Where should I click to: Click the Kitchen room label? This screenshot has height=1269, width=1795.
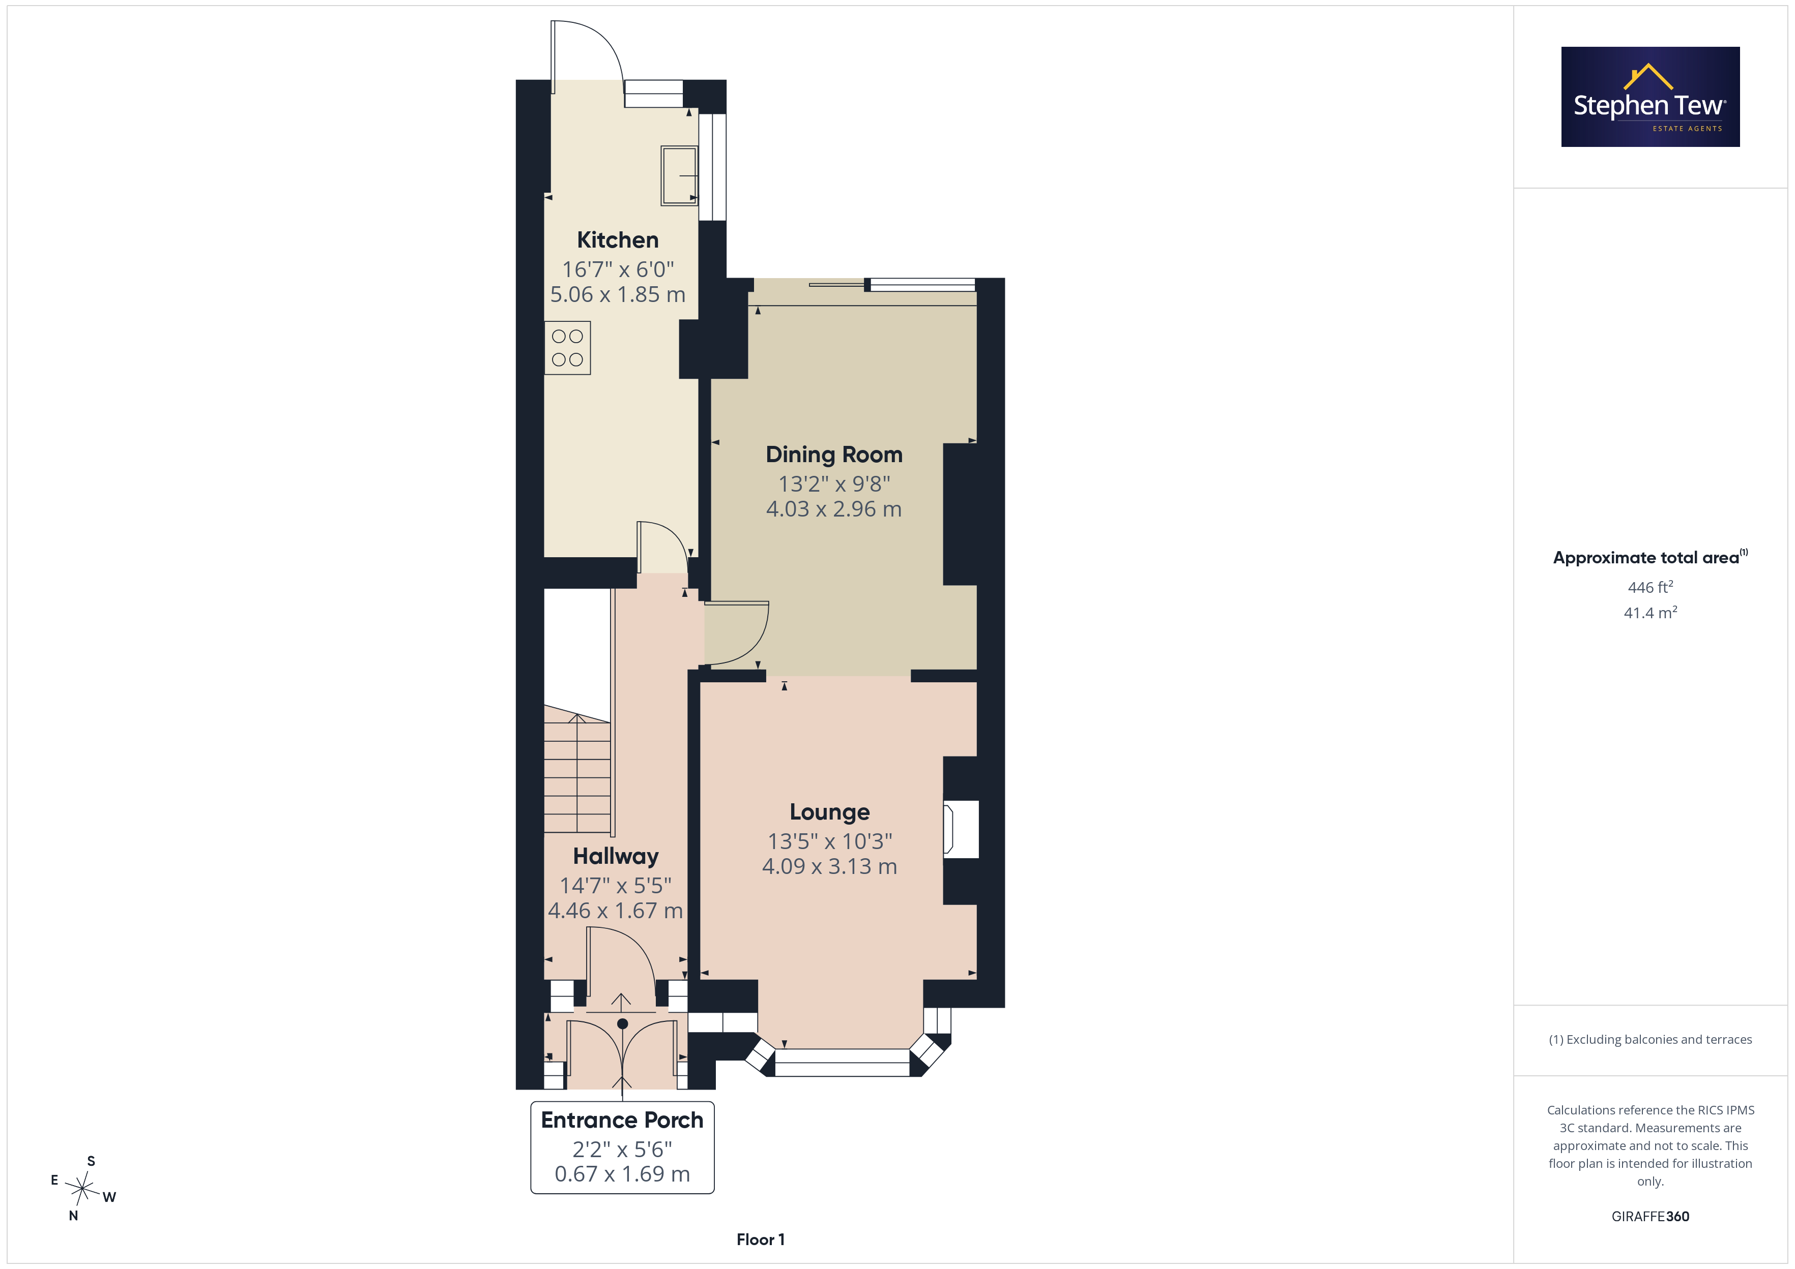coord(618,240)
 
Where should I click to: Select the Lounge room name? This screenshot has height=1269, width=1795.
coord(829,812)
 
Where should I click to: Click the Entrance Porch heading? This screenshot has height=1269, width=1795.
coord(622,1120)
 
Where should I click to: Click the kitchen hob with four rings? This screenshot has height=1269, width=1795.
coord(568,348)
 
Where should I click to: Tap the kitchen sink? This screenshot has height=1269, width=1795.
coord(679,176)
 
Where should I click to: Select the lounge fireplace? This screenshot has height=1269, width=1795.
coord(961,829)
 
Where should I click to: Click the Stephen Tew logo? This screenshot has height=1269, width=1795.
coord(1651,97)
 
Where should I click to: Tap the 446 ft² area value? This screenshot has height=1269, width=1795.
coord(1651,587)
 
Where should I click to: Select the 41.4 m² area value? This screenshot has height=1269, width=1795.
coord(1651,613)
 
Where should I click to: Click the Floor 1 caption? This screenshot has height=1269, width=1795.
coord(761,1240)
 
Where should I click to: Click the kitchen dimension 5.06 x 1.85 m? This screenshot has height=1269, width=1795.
coord(618,294)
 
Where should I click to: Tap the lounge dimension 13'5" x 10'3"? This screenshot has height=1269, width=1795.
coord(829,841)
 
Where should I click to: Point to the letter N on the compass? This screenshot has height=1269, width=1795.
coord(73,1216)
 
